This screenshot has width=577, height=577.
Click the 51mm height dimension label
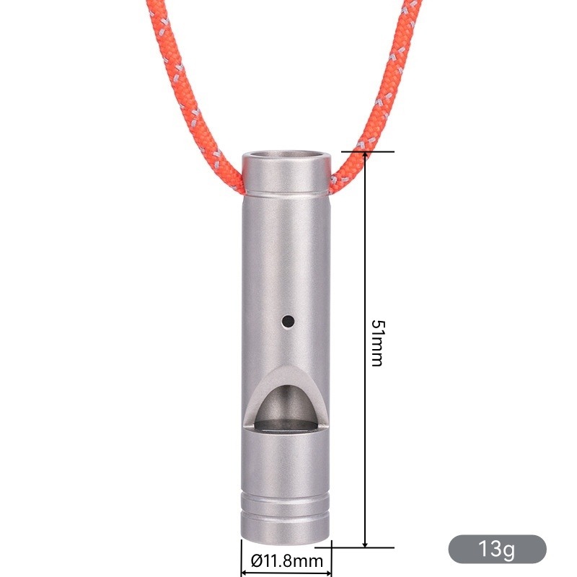click(378, 343)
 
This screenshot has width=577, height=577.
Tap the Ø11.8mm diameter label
click(286, 561)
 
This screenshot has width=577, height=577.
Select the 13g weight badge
click(497, 549)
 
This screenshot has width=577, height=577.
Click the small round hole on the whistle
click(288, 321)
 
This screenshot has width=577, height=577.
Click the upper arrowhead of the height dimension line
click(365, 156)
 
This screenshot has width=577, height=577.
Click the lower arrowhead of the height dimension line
click(365, 544)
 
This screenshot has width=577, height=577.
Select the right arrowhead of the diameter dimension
click(327, 573)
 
